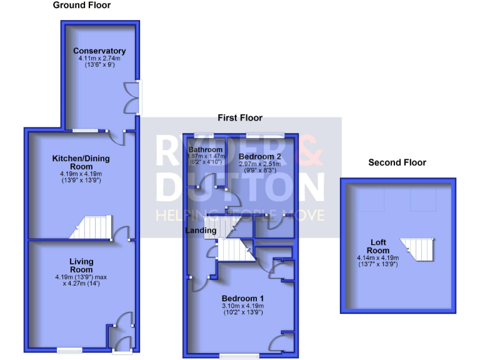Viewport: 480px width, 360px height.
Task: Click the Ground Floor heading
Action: point(82,5)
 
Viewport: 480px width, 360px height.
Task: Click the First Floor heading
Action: point(240,117)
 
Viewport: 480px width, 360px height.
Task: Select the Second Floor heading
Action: point(397,162)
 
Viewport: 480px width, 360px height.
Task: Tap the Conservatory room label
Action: point(99,51)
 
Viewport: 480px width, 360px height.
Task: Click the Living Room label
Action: point(81,265)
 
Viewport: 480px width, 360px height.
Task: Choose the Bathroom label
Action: point(206,150)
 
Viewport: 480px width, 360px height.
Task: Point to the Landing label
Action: point(201,231)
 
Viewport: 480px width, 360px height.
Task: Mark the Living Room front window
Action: point(70,349)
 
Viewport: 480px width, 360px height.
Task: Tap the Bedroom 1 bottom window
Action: point(239,356)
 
